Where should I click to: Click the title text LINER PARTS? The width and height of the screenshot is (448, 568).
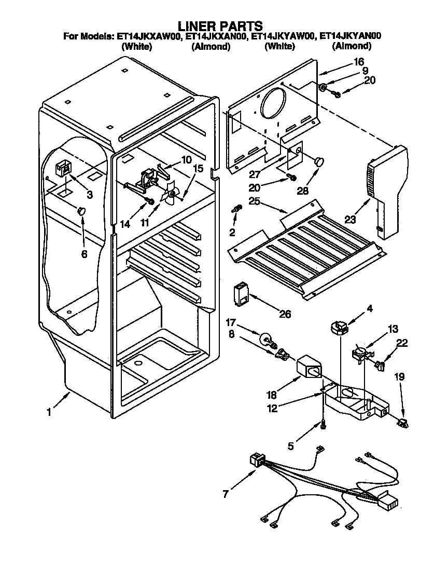[x=220, y=25]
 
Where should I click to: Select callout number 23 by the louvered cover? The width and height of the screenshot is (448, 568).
[x=351, y=220]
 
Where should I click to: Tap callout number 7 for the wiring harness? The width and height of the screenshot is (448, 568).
[x=226, y=494]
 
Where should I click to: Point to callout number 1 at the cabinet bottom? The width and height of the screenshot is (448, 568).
[x=49, y=412]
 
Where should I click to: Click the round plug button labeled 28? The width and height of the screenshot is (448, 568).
[x=319, y=160]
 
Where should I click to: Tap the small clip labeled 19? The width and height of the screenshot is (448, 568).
[x=402, y=422]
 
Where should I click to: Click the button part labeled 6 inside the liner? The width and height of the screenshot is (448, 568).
[x=81, y=210]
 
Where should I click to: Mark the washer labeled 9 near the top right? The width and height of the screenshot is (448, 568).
[x=322, y=87]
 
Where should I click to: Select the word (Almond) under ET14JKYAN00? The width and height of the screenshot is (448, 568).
[x=352, y=46]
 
